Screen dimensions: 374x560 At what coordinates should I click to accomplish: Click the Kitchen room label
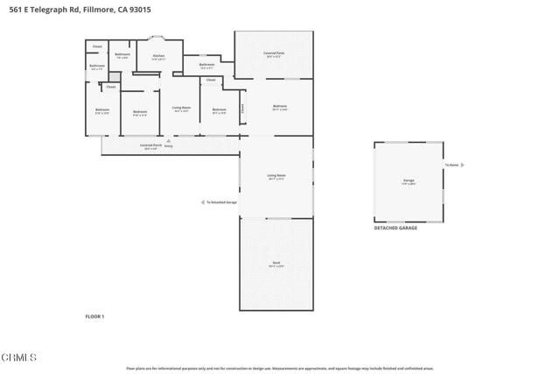pyautogui.click(x=158, y=57)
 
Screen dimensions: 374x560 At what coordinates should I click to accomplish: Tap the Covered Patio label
pyautogui.click(x=273, y=54)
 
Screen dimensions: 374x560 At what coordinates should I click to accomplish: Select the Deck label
pyautogui.click(x=276, y=264)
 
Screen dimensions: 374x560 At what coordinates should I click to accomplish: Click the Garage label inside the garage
pyautogui.click(x=408, y=181)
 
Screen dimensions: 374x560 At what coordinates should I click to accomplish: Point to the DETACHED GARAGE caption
pyautogui.click(x=395, y=227)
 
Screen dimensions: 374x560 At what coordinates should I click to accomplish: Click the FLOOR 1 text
pyautogui.click(x=94, y=315)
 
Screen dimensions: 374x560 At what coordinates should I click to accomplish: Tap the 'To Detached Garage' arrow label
pyautogui.click(x=220, y=201)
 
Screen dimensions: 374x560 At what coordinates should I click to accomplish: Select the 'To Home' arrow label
pyautogui.click(x=453, y=165)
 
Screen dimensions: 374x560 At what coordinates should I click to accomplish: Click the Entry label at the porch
pyautogui.click(x=168, y=147)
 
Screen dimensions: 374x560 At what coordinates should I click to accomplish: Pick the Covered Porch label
pyautogui.click(x=150, y=145)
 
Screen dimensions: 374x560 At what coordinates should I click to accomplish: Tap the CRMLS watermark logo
pyautogui.click(x=19, y=357)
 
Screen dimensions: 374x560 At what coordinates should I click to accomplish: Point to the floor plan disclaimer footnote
pyautogui.click(x=279, y=368)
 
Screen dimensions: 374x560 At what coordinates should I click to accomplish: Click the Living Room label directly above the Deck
pyautogui.click(x=276, y=176)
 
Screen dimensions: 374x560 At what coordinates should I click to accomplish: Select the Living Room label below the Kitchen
pyautogui.click(x=181, y=109)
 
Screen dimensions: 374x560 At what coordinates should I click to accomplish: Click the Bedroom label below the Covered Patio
pyautogui.click(x=279, y=108)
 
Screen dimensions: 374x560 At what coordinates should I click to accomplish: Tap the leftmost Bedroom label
pyautogui.click(x=102, y=110)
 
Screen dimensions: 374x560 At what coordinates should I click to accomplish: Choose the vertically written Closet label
pyautogui.click(x=243, y=109)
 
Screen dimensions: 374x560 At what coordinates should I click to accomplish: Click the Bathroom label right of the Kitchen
pyautogui.click(x=206, y=65)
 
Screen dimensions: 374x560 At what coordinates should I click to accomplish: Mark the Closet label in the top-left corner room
pyautogui.click(x=97, y=46)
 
